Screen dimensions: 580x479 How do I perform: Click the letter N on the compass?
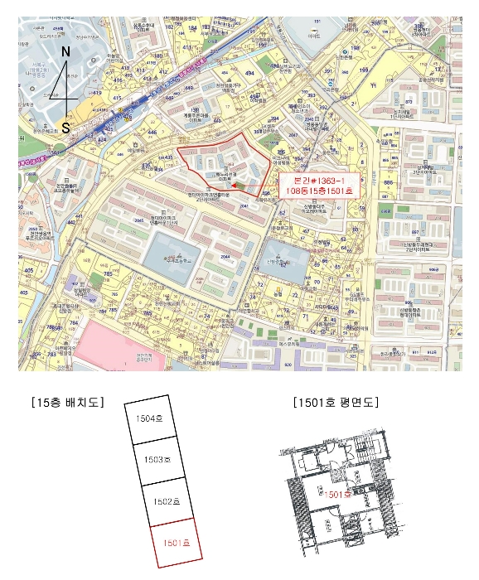[65, 52]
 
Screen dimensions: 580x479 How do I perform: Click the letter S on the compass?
[65, 127]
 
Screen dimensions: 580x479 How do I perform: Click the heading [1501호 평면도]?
[335, 403]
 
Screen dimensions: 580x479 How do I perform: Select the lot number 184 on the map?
[192, 29]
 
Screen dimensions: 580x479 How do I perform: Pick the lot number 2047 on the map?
[290, 133]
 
